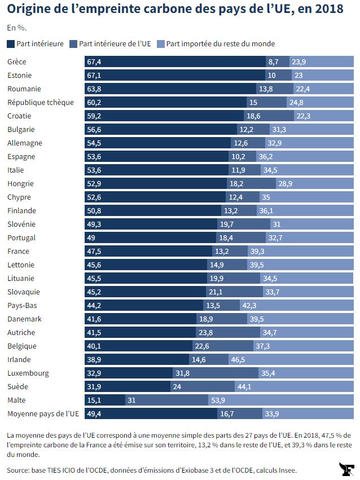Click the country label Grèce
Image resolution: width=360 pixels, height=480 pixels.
(17, 62)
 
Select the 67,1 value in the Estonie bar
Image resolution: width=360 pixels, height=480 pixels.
(94, 76)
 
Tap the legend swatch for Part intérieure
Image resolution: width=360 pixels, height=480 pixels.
(11, 44)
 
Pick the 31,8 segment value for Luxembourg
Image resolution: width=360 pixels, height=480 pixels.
(182, 373)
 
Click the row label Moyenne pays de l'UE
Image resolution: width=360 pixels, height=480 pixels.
(43, 414)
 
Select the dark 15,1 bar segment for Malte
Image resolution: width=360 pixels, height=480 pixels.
(105, 400)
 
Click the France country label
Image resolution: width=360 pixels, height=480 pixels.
(18, 252)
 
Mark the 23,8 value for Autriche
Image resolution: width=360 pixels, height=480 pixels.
(222, 333)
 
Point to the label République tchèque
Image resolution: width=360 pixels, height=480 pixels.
(41, 103)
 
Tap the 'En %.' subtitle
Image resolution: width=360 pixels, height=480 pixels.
(16, 28)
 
